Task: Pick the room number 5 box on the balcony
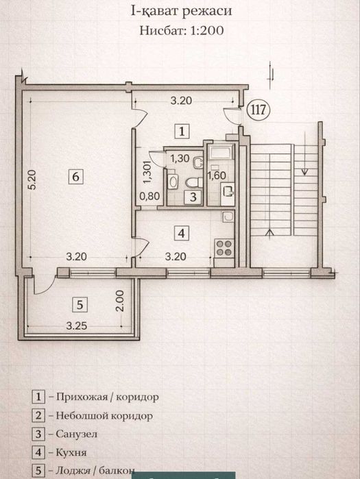(x=79, y=304)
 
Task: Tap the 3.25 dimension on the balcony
(x=77, y=326)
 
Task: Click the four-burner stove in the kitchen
(x=224, y=247)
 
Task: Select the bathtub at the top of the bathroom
(x=220, y=152)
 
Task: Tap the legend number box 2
(x=39, y=415)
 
